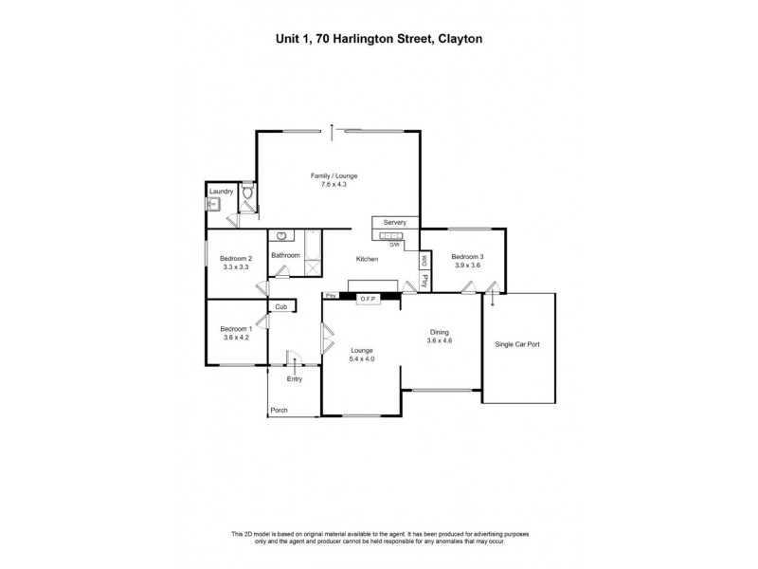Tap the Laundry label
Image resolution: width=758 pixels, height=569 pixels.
point(221,192)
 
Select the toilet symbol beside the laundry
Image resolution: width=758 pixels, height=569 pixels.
point(246,193)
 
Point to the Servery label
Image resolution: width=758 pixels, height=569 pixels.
point(395,222)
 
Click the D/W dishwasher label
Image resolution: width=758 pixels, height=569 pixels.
point(395,245)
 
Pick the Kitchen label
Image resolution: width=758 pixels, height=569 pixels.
point(367,259)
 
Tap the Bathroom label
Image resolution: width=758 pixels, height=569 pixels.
point(285,255)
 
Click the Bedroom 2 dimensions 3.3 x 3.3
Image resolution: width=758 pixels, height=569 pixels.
point(236,267)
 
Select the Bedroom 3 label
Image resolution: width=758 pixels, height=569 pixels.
point(467,257)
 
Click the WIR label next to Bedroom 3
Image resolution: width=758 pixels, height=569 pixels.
point(425,260)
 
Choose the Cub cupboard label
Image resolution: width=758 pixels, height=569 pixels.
point(281,307)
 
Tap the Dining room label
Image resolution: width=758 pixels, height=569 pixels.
point(439,331)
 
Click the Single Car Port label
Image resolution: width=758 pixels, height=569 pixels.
point(517,344)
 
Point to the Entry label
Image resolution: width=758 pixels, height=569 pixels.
point(295,379)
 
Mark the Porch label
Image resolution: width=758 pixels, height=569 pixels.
point(279,411)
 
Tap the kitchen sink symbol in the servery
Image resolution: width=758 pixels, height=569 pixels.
point(389,234)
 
